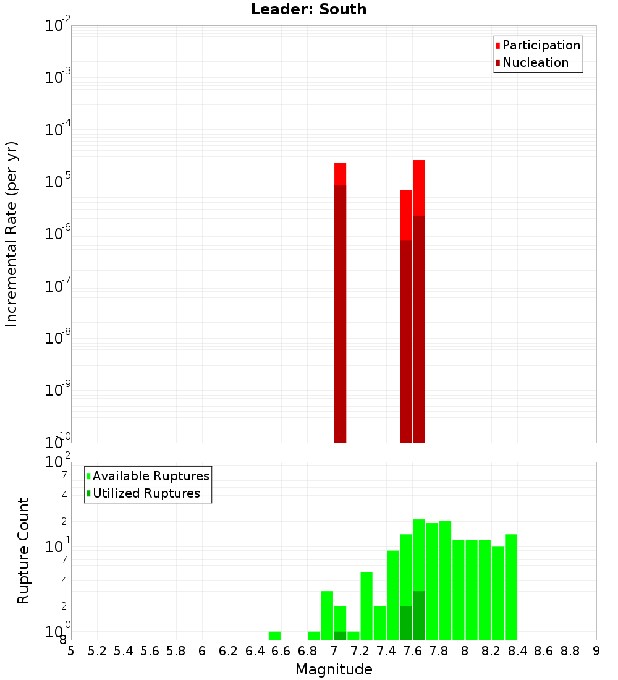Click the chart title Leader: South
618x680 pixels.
(308, 9)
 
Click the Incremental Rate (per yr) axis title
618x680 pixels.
(12, 234)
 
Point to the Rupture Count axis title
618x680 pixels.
(23, 551)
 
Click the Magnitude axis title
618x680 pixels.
(334, 669)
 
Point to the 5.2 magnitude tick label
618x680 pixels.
(97, 651)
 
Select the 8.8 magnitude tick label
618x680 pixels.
(570, 651)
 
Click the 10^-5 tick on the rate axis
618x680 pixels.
(58, 181)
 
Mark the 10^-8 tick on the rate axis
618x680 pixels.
(58, 338)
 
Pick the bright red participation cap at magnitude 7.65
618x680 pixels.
(419, 188)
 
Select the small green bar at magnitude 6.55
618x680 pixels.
(274, 635)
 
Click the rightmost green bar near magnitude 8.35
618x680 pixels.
(510, 587)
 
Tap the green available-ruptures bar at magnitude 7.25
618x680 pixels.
(366, 606)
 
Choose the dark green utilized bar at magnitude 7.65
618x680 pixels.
(419, 615)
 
